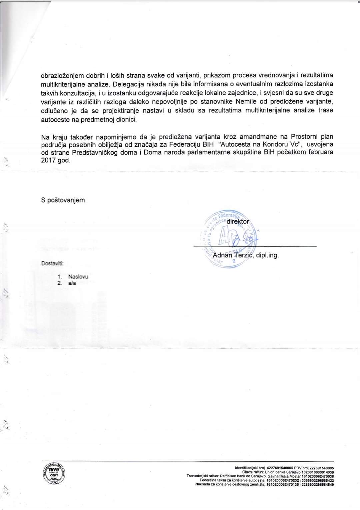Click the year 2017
pyautogui.click(x=48, y=160)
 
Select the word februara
pyautogui.click(x=321, y=152)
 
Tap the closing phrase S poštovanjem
pyautogui.click(x=64, y=200)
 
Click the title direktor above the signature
pyautogui.click(x=238, y=221)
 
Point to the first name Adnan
pyautogui.click(x=222, y=255)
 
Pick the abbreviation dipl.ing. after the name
pyautogui.click(x=267, y=255)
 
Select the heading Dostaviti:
pyautogui.click(x=52, y=263)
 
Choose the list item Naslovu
pyautogui.click(x=78, y=276)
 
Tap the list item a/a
pyautogui.click(x=72, y=283)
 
